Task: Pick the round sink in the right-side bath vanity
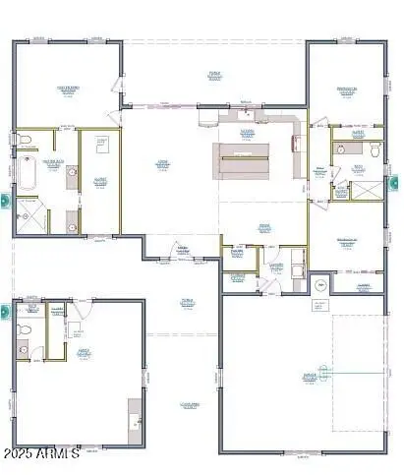[340, 150]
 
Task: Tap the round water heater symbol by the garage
[317, 286]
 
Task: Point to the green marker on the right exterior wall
[396, 182]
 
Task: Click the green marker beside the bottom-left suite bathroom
[4, 313]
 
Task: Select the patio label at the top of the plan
[214, 74]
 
